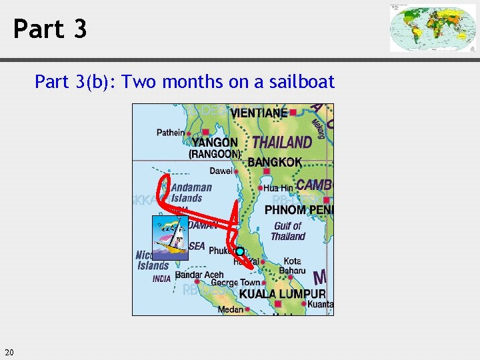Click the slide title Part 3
pyautogui.click(x=50, y=29)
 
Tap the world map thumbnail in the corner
pyautogui.click(x=433, y=28)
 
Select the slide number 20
pyautogui.click(x=9, y=352)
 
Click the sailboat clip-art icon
pyautogui.click(x=171, y=237)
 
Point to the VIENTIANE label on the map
pyautogui.click(x=259, y=113)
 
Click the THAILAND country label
pyautogui.click(x=282, y=142)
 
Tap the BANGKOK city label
pyautogui.click(x=275, y=162)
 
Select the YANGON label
pyautogui.click(x=215, y=142)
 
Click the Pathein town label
pyautogui.click(x=171, y=133)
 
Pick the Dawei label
pyautogui.click(x=221, y=171)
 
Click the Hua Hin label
pyautogui.click(x=278, y=189)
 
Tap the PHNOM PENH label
pyautogui.click(x=299, y=210)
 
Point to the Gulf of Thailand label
pyautogui.click(x=288, y=231)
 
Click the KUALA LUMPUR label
pyautogui.click(x=282, y=294)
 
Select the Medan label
pyautogui.click(x=231, y=309)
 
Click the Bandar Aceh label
pyautogui.click(x=199, y=275)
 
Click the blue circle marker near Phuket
pyautogui.click(x=240, y=251)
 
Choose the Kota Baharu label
pyautogui.click(x=294, y=266)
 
